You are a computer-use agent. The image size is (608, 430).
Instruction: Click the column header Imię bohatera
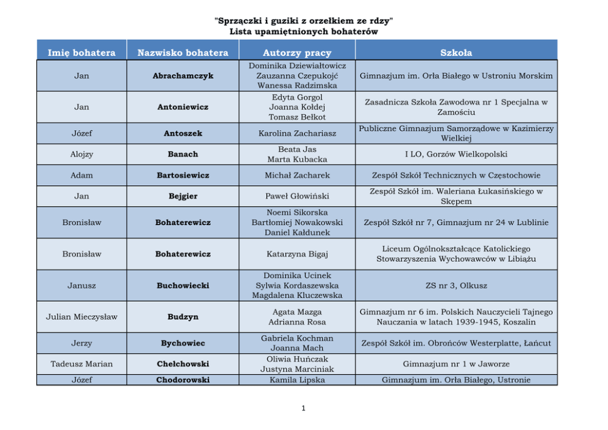coord(82,53)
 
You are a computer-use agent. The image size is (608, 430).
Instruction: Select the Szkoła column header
coord(456,53)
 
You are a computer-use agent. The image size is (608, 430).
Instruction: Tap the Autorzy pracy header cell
coord(297,53)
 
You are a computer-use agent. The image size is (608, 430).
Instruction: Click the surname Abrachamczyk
coord(183,76)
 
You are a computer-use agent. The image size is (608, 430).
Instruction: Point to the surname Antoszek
coord(183,133)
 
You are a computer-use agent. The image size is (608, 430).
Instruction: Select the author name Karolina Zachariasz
coord(297,133)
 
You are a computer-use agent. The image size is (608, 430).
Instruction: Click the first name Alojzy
coord(82,154)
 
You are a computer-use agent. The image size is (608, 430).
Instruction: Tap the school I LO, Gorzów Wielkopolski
coord(456,154)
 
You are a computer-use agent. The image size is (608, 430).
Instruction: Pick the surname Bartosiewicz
coord(183,175)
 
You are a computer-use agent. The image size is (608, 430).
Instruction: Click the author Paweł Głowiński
coord(297,196)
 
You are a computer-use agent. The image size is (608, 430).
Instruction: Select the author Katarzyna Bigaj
coord(297,254)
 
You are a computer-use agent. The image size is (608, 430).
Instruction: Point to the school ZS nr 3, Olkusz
coord(456,285)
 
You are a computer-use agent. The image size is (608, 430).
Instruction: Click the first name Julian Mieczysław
coord(82,317)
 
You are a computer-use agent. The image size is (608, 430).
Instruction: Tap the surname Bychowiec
coord(183,344)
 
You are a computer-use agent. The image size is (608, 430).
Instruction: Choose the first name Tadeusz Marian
coord(82,364)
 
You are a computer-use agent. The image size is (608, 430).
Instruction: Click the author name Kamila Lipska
coord(297,380)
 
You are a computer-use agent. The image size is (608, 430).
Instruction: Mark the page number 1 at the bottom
coord(303,408)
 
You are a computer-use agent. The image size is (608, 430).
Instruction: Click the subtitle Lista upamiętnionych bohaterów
coord(303,31)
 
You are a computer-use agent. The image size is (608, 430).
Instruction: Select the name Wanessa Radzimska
coord(297,86)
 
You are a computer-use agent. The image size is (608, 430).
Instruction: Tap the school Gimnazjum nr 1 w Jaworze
coord(456,364)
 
